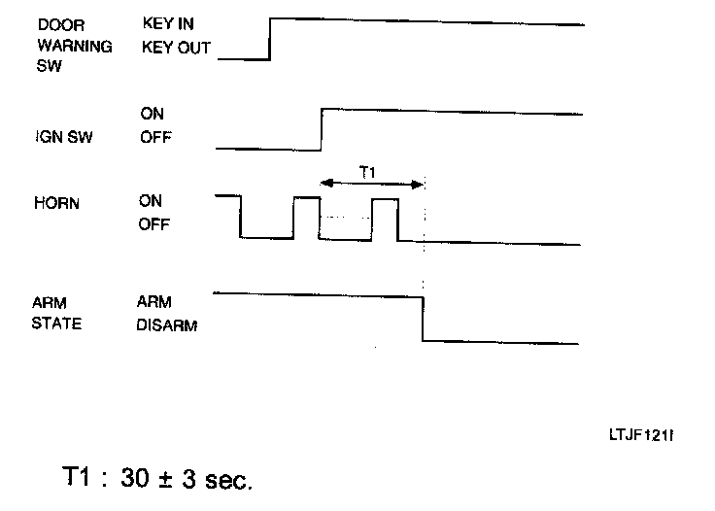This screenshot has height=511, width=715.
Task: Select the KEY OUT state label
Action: [x=175, y=47]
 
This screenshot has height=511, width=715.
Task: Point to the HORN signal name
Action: [x=56, y=206]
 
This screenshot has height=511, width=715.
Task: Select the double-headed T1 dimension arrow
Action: [x=372, y=183]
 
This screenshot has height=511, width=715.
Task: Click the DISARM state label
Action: [x=167, y=325]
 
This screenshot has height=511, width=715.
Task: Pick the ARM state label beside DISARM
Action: [x=154, y=302]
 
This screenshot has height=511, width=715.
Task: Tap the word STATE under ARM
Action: [x=59, y=324]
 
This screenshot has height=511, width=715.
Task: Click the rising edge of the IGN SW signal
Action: [x=322, y=129]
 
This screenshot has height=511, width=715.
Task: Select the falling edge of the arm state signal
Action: [x=423, y=317]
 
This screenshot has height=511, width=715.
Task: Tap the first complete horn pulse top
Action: [x=306, y=197]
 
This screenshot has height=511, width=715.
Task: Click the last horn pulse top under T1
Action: [x=385, y=198]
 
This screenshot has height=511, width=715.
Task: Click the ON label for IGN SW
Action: [x=152, y=115]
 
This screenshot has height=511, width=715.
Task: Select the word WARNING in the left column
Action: [x=74, y=46]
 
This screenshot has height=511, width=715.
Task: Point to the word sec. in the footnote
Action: [x=226, y=480]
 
